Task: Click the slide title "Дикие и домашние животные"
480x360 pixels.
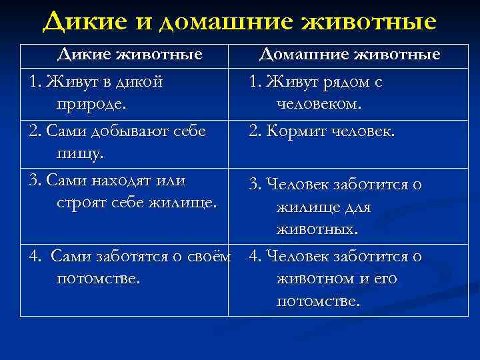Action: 239,21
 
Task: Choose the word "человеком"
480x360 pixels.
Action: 319,104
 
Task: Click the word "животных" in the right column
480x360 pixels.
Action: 317,229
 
